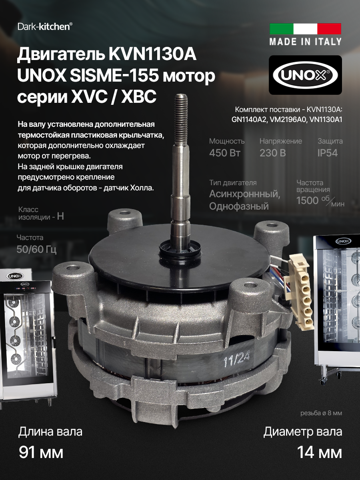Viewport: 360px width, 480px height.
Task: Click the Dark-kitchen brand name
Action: pos(45,26)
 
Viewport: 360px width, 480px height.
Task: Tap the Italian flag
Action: pos(305,29)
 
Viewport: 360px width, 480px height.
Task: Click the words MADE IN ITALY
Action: pos(305,41)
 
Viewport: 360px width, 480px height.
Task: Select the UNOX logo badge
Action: pos(305,75)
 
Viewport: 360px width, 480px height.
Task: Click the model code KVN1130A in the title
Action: pos(152,55)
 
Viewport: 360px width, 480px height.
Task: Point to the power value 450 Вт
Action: pos(225,153)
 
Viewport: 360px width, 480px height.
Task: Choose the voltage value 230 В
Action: pos(273,153)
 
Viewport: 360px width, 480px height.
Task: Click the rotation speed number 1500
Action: pos(307,200)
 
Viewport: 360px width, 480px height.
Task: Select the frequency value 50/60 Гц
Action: pos(36,250)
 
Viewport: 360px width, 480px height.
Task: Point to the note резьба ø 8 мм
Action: pos(321,413)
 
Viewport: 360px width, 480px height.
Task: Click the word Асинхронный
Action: pos(244,194)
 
